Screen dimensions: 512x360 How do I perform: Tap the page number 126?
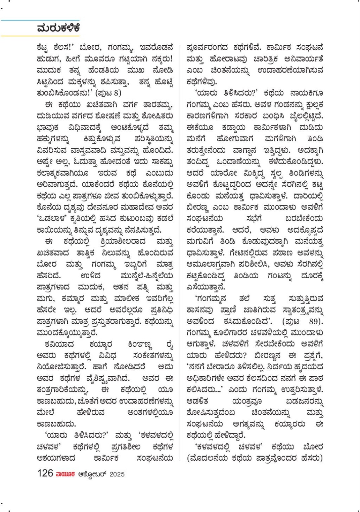click(45, 473)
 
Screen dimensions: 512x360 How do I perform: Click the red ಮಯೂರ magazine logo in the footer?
click(65, 474)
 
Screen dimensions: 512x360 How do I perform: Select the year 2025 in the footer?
click(117, 474)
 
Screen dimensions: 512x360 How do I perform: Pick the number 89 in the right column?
click(314, 321)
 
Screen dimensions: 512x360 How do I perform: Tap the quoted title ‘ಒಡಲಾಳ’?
click(52, 219)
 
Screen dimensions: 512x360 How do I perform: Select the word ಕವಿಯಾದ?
click(59, 344)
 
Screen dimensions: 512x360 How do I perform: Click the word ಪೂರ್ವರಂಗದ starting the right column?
click(207, 47)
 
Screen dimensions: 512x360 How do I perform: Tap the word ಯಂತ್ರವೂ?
click(246, 401)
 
